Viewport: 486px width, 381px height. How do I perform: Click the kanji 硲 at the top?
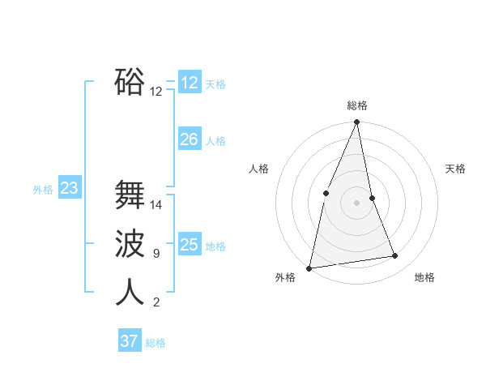(130, 81)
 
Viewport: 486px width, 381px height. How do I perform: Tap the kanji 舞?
(130, 195)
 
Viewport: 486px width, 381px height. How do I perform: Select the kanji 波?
(130, 243)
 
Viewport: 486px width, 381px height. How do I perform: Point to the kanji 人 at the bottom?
(130, 292)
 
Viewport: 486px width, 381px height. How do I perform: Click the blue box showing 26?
(190, 139)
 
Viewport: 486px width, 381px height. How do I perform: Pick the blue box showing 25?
(190, 245)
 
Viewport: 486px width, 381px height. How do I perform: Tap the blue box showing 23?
(69, 189)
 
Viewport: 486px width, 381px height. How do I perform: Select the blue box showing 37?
(129, 341)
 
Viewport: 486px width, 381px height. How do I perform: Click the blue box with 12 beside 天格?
(190, 83)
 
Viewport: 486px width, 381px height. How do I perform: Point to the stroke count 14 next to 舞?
(156, 205)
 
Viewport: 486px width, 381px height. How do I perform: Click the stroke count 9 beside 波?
(156, 254)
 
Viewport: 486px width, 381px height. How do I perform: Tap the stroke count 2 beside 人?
(156, 302)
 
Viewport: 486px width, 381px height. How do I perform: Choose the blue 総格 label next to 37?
(156, 343)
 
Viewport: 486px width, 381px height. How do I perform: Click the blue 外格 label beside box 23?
(43, 190)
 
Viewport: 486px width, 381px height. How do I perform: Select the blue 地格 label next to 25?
(215, 246)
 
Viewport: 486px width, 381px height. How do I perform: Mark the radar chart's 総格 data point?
(356, 122)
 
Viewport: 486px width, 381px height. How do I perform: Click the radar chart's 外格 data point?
(309, 268)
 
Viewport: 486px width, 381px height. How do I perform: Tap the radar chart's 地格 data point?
(395, 256)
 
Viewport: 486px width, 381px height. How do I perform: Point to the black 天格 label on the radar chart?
(455, 169)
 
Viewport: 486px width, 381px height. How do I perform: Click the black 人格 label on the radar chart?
(258, 169)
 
